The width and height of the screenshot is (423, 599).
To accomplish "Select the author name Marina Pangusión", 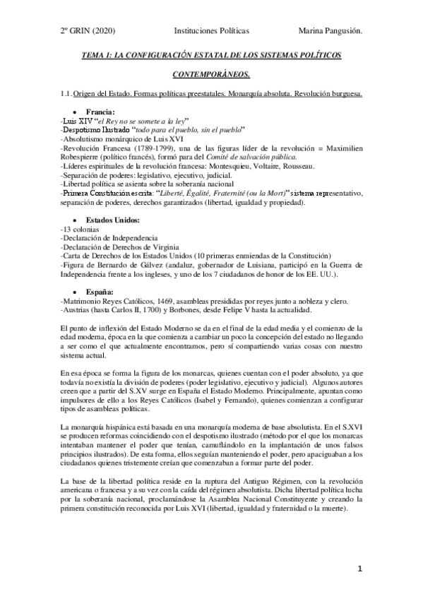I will point(330,31).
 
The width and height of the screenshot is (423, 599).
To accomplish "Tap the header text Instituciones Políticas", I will point(211,31).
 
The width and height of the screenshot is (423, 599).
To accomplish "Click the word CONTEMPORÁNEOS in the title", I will point(211,73).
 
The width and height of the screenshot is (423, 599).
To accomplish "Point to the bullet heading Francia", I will point(101,112).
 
